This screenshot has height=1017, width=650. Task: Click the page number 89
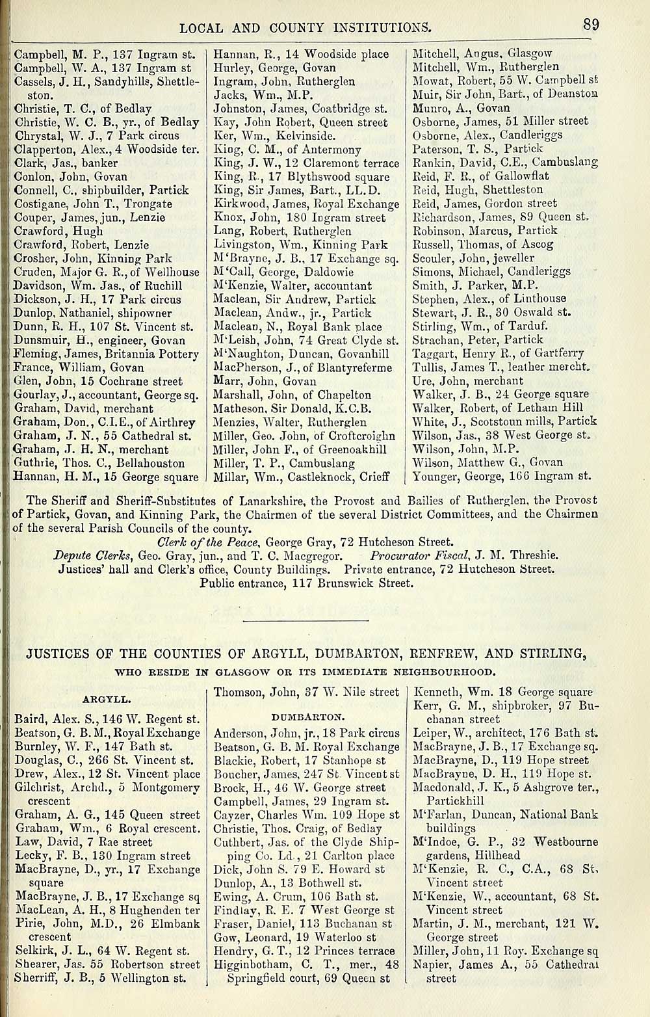590,25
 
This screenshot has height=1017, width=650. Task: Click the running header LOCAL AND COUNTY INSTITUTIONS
305,27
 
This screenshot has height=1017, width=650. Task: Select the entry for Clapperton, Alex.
104,149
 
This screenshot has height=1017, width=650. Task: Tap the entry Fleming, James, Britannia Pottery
106,354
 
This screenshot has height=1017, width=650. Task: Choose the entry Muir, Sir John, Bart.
505,94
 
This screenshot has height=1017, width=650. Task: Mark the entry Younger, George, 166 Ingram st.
502,476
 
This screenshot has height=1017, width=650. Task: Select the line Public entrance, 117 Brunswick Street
306,583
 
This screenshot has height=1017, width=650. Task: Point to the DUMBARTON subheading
306,717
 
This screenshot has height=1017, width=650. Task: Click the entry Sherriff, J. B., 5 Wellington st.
100,978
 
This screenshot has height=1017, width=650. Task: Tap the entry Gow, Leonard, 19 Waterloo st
294,938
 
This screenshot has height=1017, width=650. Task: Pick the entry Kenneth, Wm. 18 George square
502,693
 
